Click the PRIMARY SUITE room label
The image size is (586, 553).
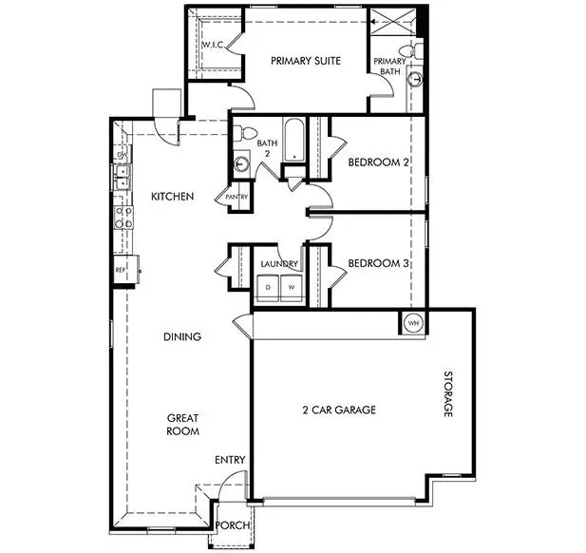[x=306, y=62]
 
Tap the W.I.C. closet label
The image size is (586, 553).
[x=211, y=45]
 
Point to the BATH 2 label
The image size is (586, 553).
[x=266, y=149]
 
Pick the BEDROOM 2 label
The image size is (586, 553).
[x=378, y=162]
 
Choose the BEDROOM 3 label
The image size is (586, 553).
[x=378, y=263]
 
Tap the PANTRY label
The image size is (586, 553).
[x=236, y=198]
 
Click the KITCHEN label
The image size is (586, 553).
[x=173, y=197]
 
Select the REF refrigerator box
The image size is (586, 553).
[x=122, y=270]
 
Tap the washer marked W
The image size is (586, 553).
[x=291, y=287]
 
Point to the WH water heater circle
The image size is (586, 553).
[x=412, y=322]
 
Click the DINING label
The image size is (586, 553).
[x=181, y=336]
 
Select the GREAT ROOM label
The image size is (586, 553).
[x=183, y=424]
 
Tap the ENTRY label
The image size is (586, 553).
[x=230, y=461]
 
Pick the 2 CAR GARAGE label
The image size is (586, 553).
[x=339, y=410]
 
